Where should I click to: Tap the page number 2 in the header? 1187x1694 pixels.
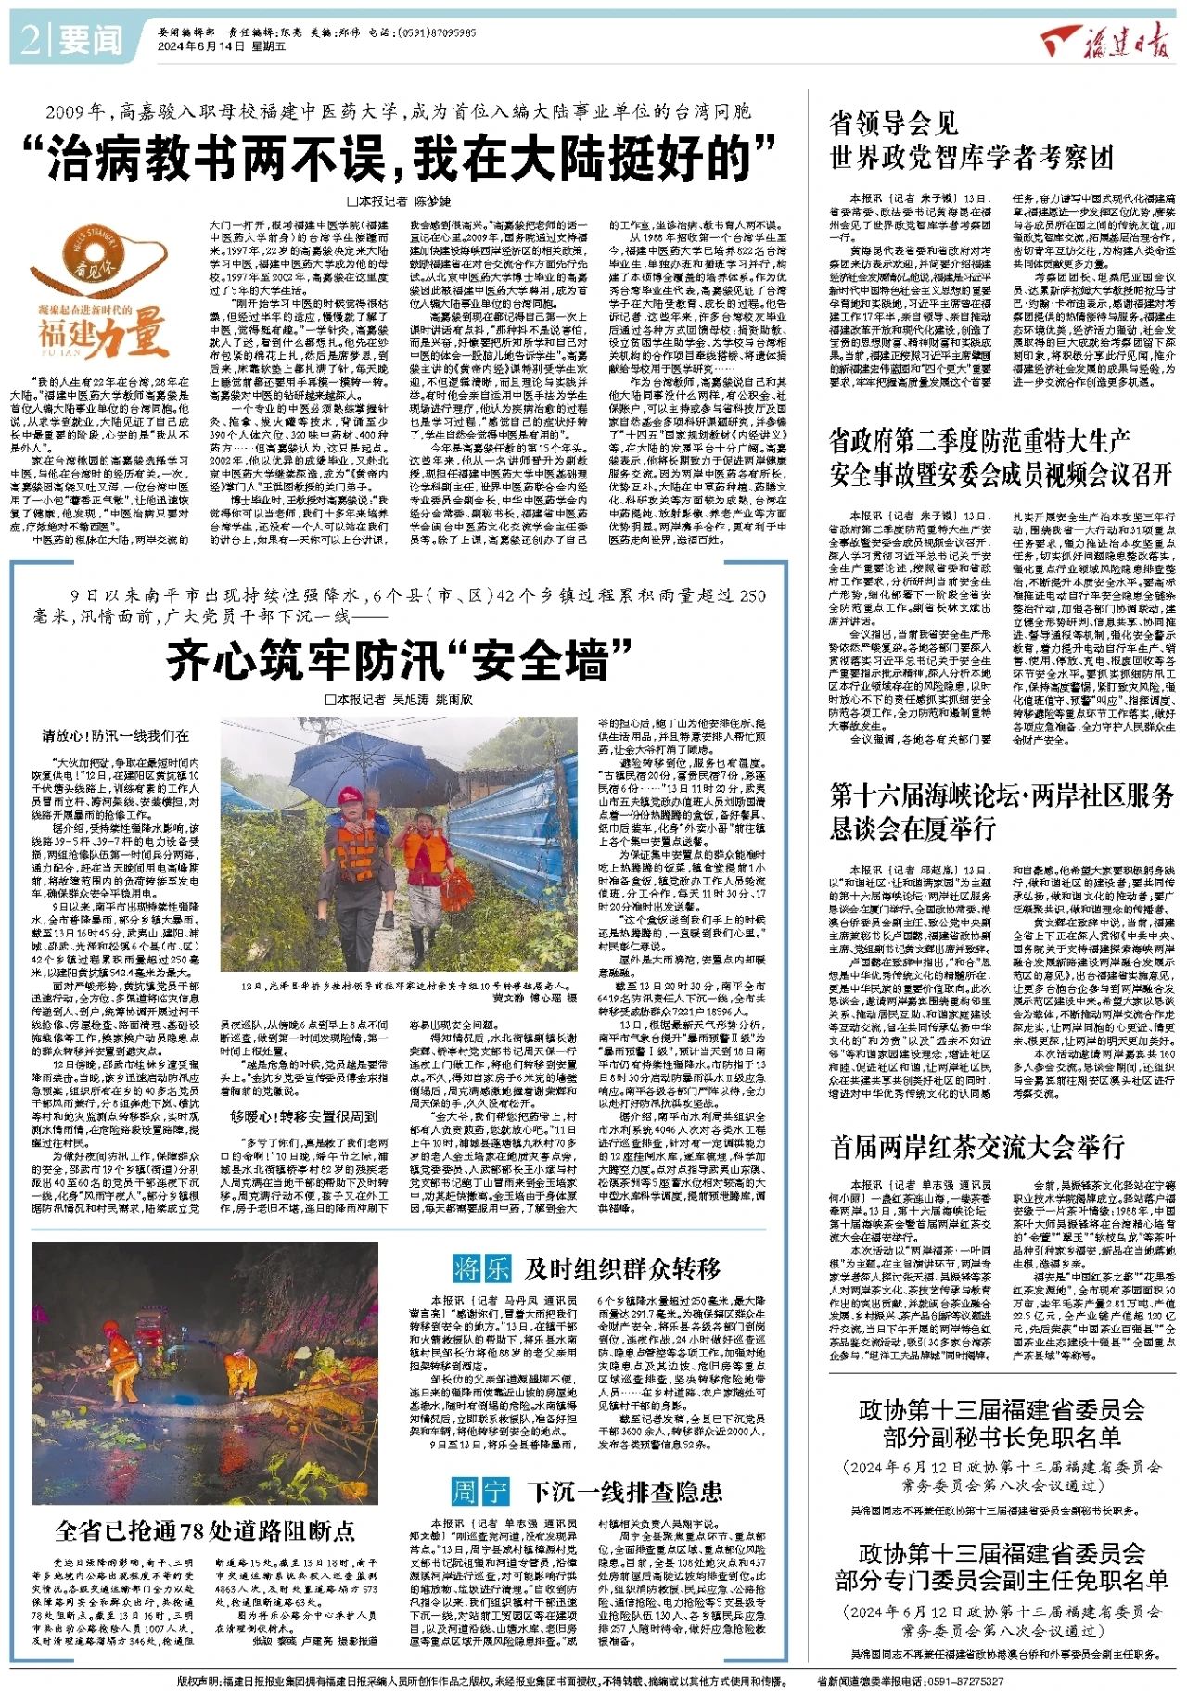pyautogui.click(x=30, y=39)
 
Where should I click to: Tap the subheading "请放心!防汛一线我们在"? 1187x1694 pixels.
pyautogui.click(x=116, y=735)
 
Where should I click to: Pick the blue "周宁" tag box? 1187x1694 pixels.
pyautogui.click(x=480, y=1491)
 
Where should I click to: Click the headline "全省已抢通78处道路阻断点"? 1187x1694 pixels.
pyautogui.click(x=205, y=1530)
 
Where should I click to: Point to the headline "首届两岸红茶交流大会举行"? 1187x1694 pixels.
pyautogui.click(x=977, y=1147)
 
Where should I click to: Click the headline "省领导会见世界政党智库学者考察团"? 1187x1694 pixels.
pyautogui.click(x=971, y=141)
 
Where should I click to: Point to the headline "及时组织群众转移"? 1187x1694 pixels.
pyautogui.click(x=621, y=1267)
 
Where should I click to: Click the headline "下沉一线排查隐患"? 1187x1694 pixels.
pyautogui.click(x=624, y=1491)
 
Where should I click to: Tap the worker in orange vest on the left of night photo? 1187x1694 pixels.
pyautogui.click(x=121, y=1364)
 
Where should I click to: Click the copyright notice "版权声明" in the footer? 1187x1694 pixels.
pyautogui.click(x=482, y=1680)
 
